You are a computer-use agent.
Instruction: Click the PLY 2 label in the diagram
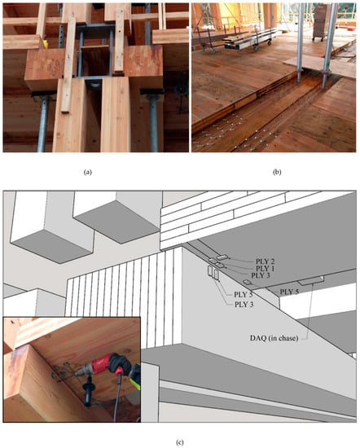265,261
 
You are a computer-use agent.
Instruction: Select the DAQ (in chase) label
274,338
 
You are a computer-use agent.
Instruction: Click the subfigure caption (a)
87,173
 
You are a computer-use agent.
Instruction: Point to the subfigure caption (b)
277,173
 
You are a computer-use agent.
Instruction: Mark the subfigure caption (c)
179,442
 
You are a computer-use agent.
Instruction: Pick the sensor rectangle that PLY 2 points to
222,257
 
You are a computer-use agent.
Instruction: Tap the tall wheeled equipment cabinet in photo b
322,22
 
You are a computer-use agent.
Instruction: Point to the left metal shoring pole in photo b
300,43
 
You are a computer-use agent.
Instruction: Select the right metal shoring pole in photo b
329,46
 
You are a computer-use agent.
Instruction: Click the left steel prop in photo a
43,123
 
